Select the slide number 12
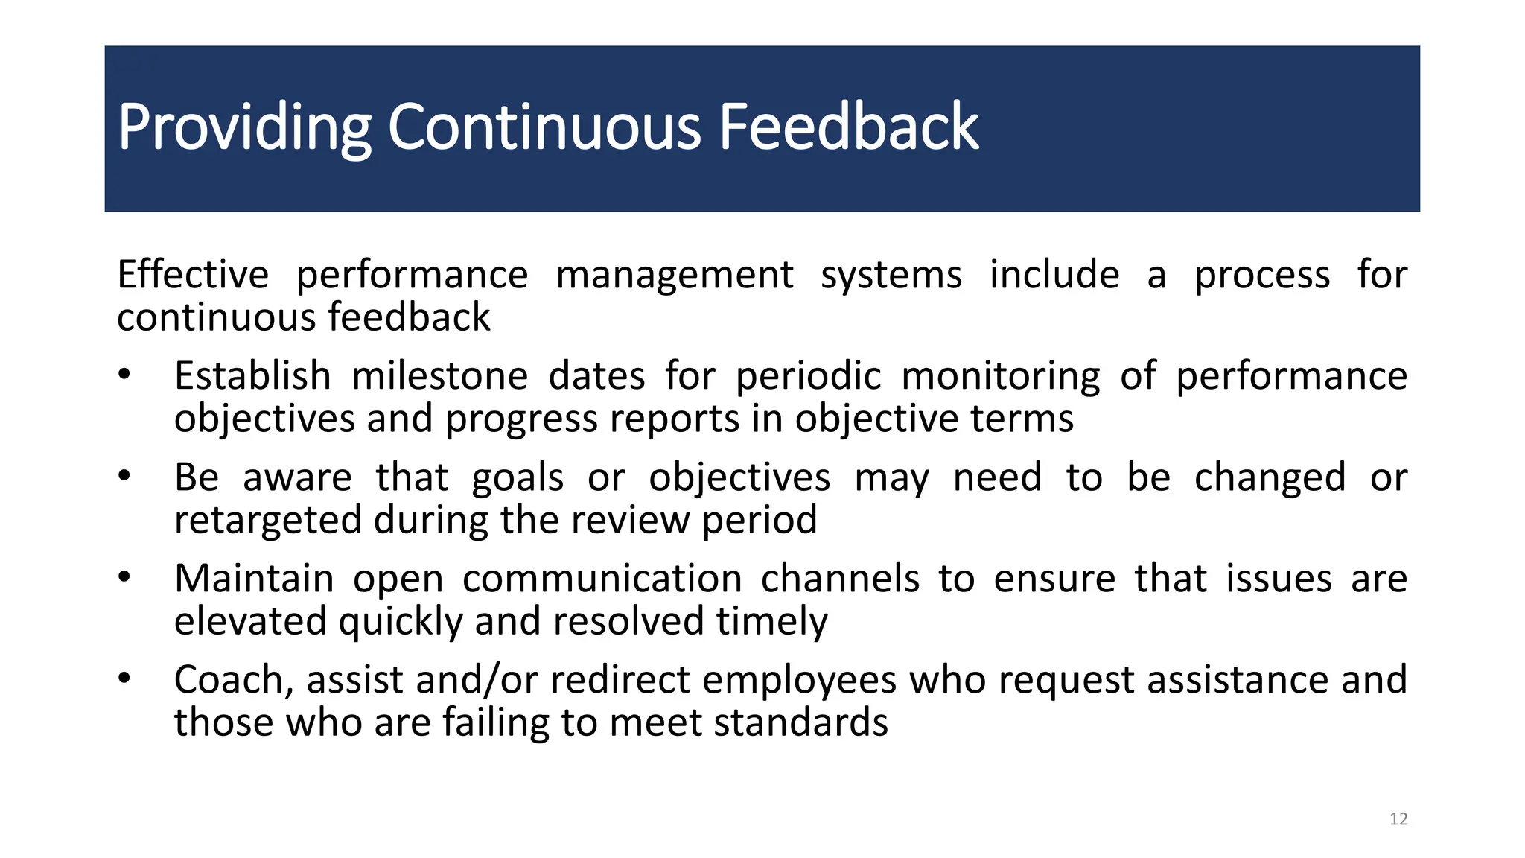coord(1398,819)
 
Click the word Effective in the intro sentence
coord(192,274)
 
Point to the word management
coord(674,274)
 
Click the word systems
coord(891,274)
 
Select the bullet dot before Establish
coord(124,374)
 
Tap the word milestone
coord(439,375)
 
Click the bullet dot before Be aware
coord(124,475)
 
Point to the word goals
coord(518,477)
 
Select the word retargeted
coord(267,520)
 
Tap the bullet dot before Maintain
coord(124,576)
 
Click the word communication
coord(602,579)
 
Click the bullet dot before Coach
coord(124,678)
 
